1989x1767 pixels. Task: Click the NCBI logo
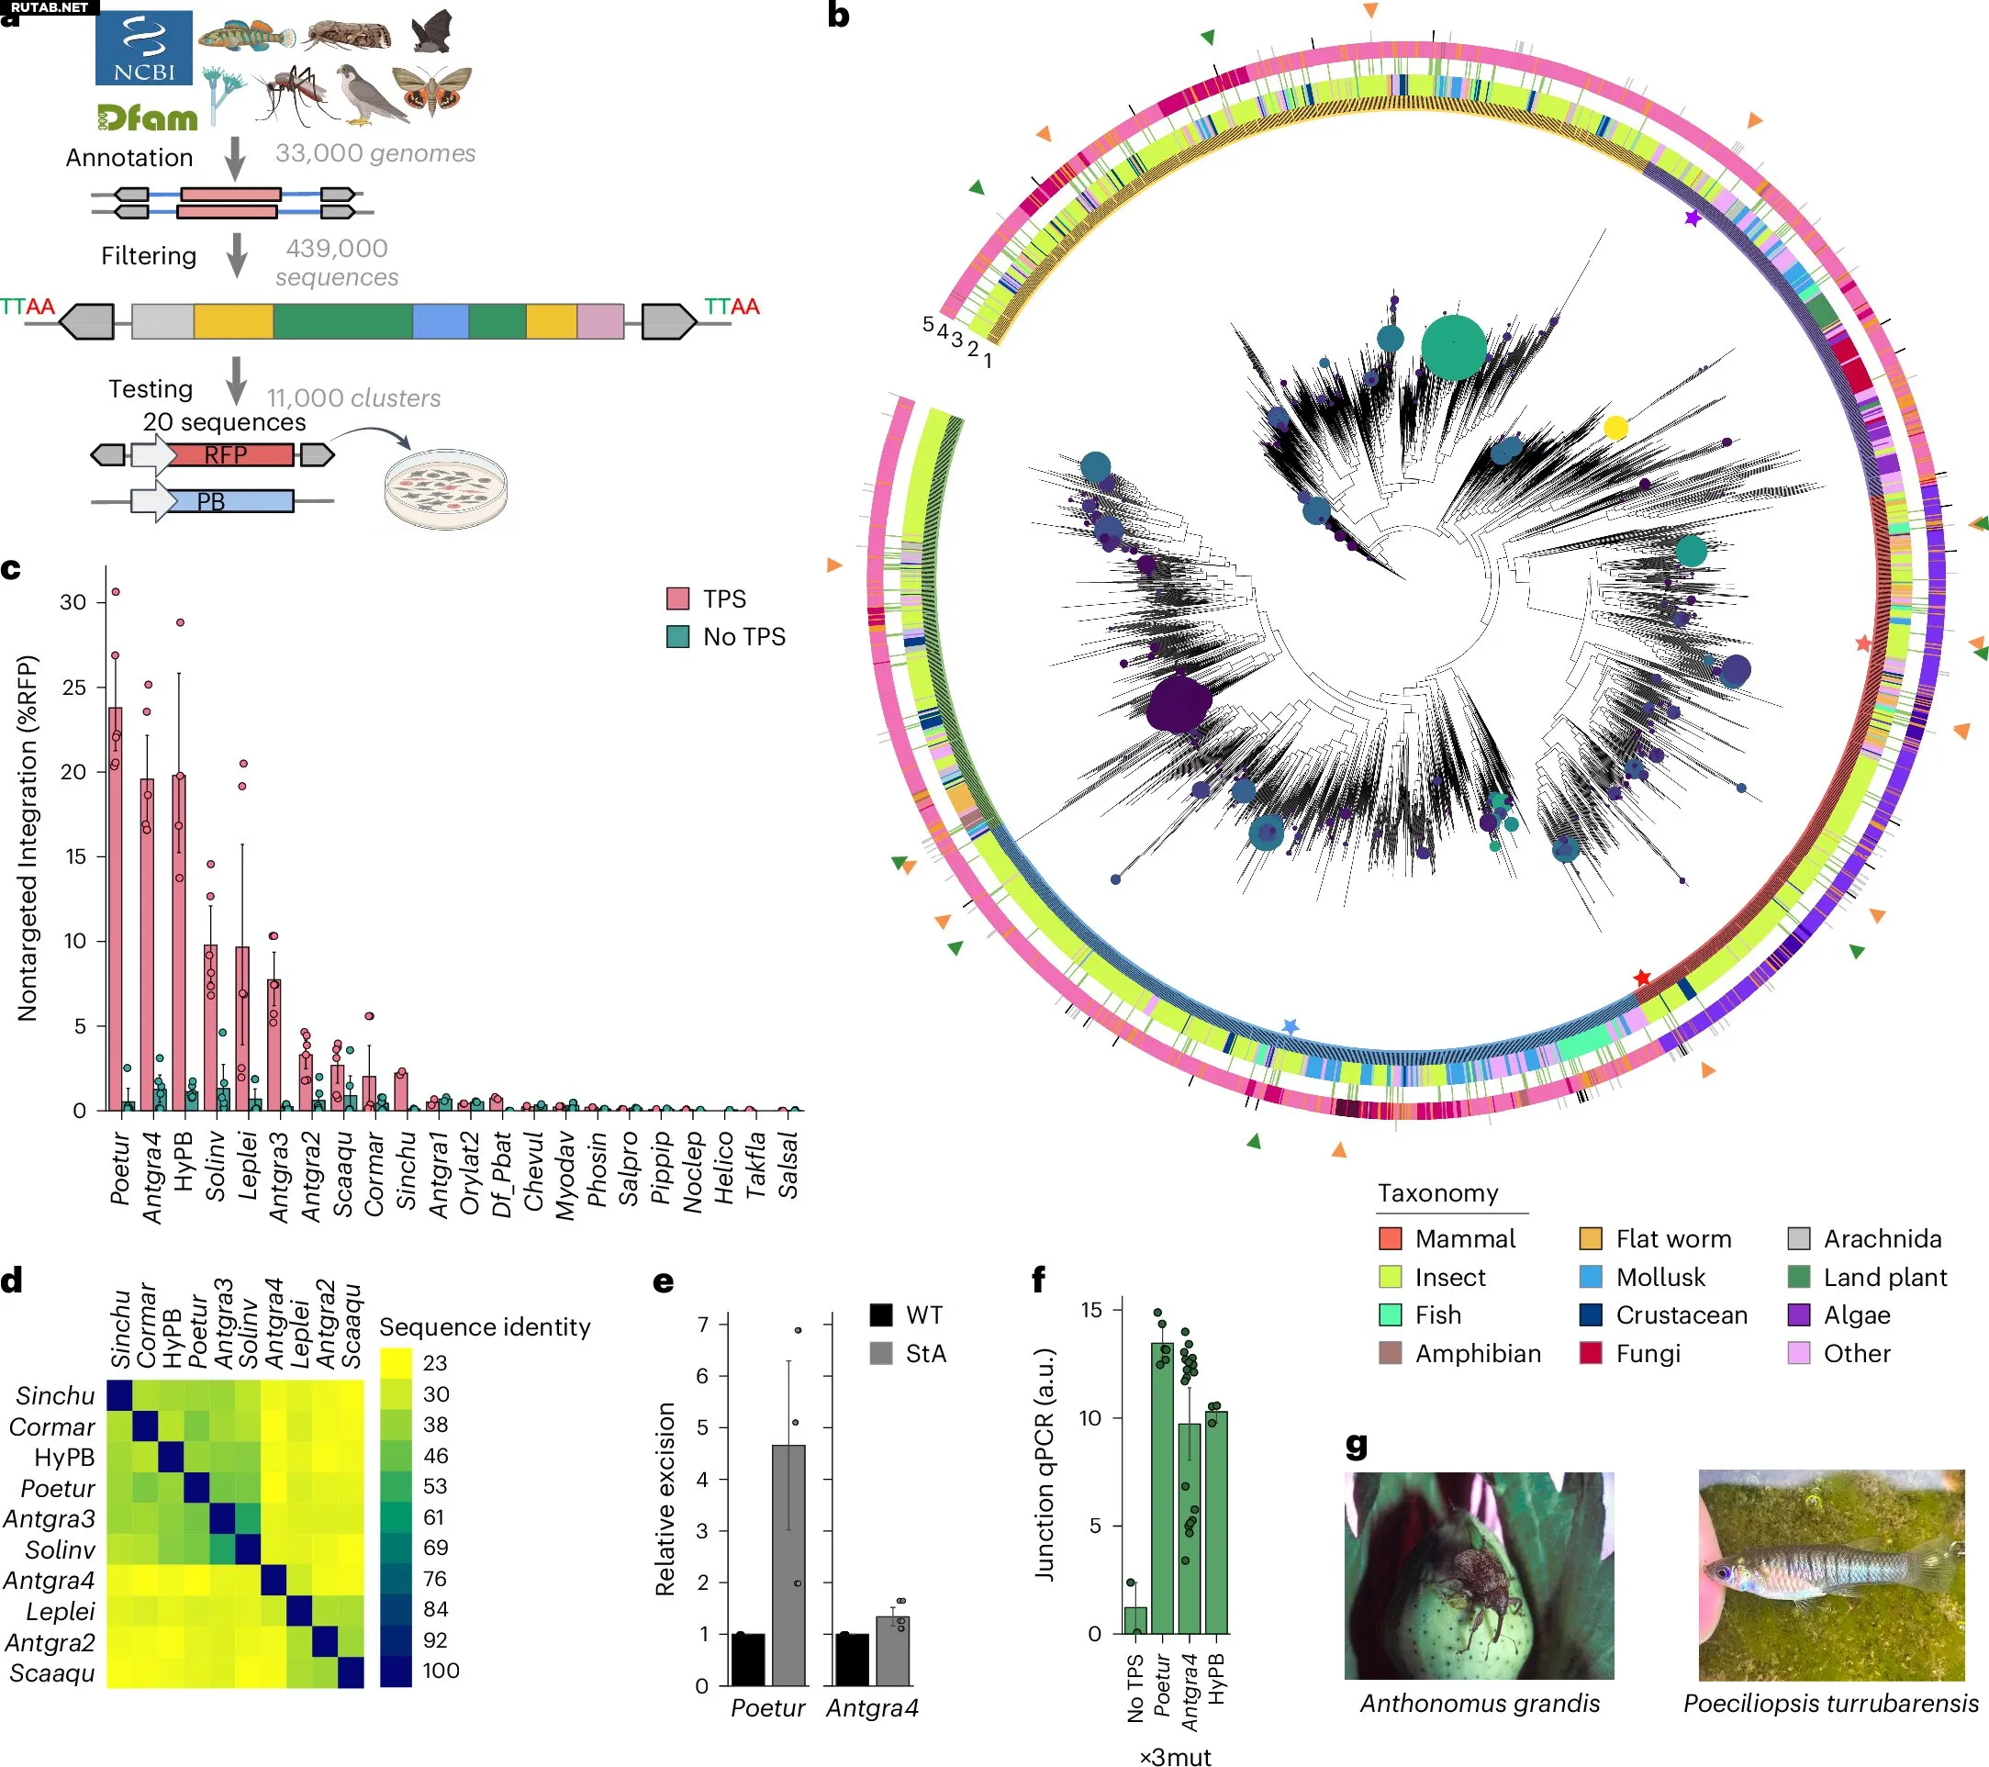143,48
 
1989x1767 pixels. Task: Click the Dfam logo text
147,118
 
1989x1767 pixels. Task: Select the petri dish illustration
446,488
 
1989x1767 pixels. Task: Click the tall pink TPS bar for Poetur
115,905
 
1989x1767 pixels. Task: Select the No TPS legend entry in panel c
726,636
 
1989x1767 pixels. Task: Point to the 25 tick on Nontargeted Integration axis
75,687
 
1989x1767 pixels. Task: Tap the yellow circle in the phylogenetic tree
1615,427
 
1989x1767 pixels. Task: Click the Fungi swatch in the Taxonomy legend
1591,1352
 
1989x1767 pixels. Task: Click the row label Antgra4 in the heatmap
49,1579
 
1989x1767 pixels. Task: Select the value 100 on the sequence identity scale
440,1671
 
